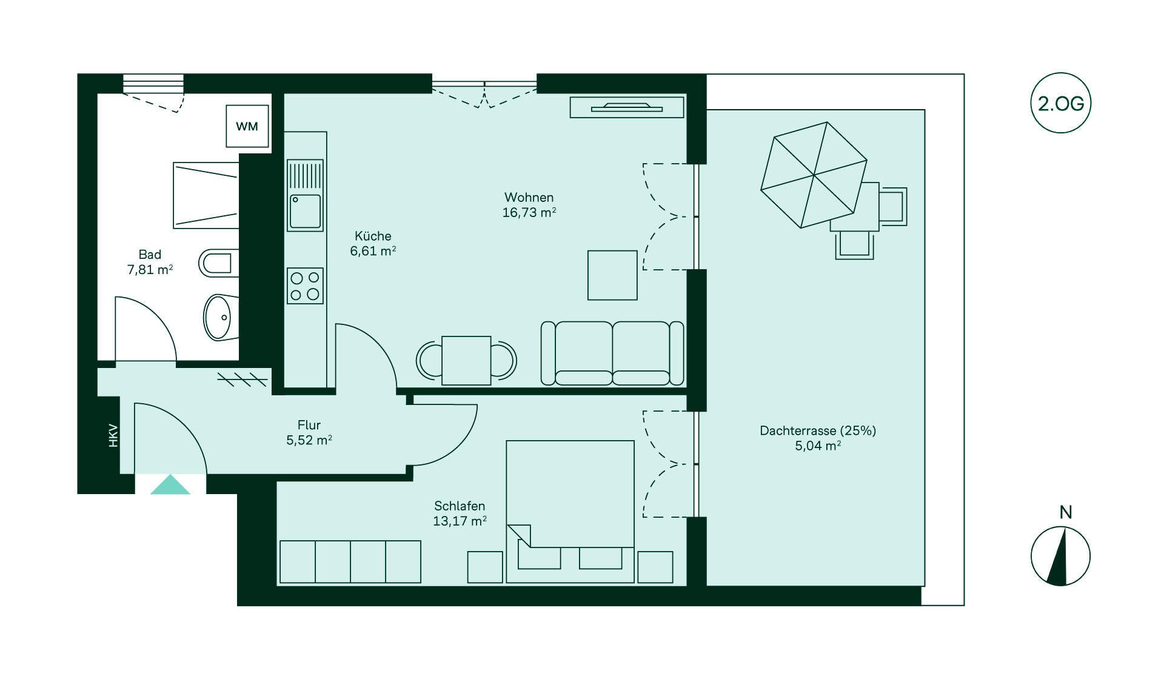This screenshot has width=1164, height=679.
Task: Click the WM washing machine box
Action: [x=247, y=126]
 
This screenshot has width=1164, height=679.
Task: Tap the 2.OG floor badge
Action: [x=1060, y=103]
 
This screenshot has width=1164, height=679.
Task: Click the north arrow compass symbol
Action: [x=1060, y=556]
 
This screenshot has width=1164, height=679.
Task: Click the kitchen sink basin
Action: [x=305, y=211]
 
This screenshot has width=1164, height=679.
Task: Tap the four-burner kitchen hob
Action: [x=305, y=286]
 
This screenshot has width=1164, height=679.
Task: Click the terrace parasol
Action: [x=814, y=175]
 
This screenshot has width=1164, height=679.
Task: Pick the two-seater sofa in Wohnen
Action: [x=612, y=353]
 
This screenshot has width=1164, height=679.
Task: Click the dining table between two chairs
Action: [x=466, y=361]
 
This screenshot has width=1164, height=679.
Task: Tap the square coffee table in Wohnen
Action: [x=612, y=275]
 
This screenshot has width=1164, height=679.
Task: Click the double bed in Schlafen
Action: [x=570, y=512]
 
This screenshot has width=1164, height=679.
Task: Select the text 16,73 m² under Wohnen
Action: [x=529, y=212]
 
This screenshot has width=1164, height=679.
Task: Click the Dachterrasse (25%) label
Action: [x=818, y=431]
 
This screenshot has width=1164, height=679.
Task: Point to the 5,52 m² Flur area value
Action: [x=309, y=440]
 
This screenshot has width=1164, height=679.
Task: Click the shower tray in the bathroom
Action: [x=206, y=195]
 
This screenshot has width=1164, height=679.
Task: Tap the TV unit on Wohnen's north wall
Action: [x=627, y=107]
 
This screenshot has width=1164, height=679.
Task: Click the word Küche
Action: [x=373, y=236]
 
